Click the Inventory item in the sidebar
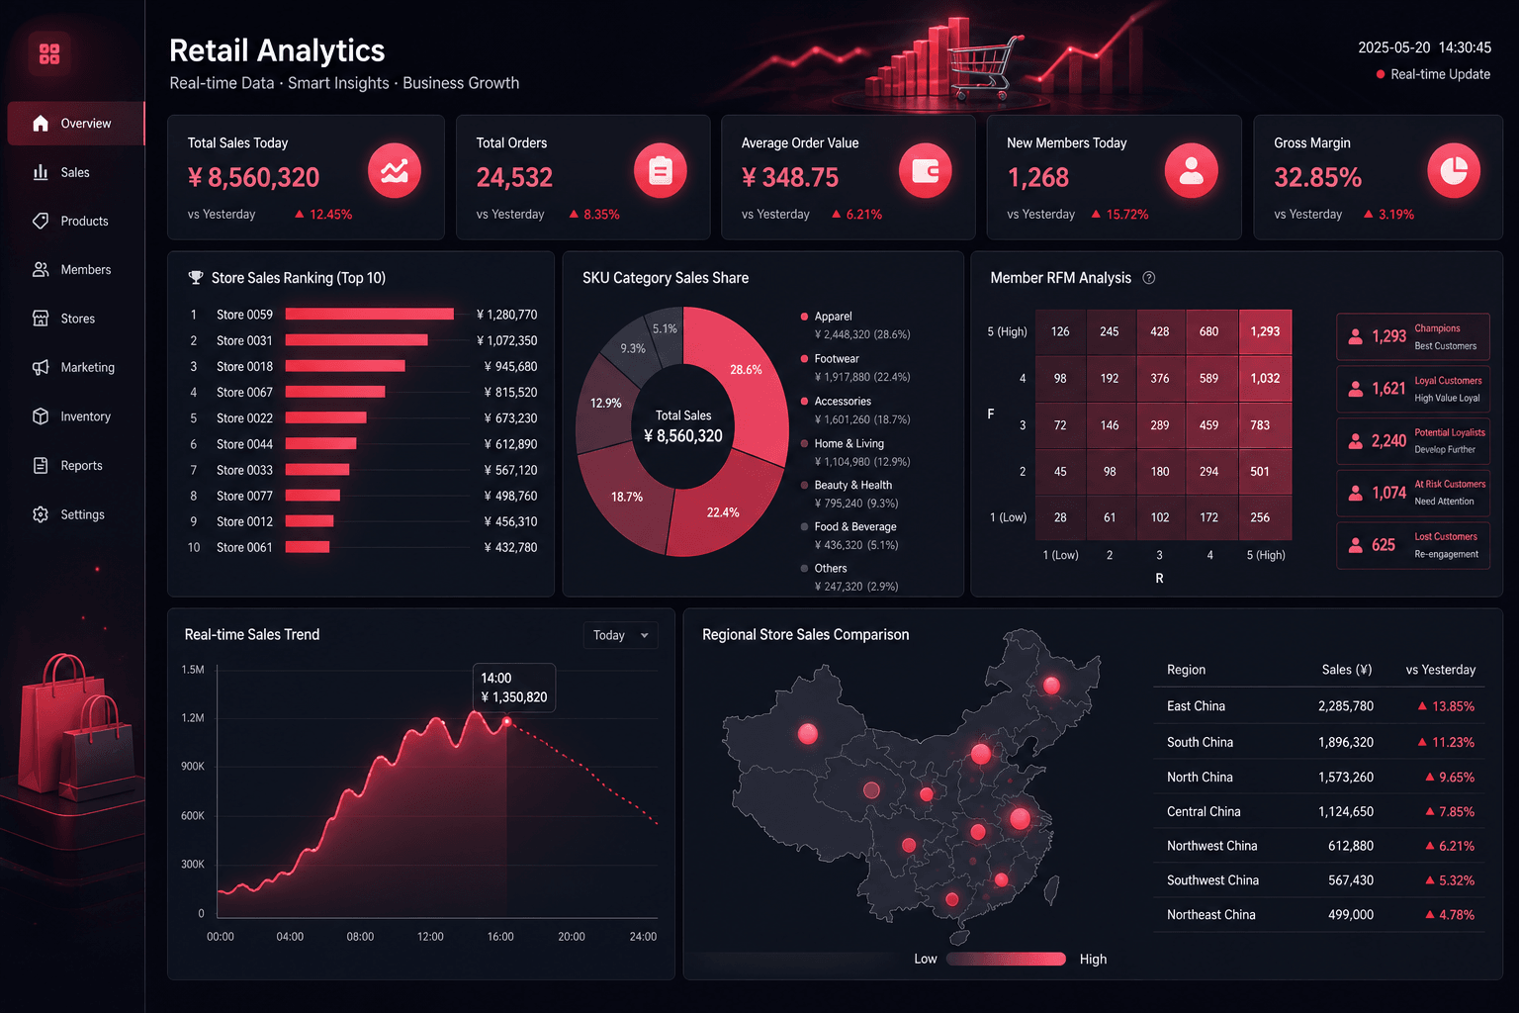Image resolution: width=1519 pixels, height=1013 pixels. point(71,415)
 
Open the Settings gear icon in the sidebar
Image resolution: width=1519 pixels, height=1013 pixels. point(41,514)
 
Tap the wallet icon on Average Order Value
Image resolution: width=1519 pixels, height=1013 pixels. point(925,171)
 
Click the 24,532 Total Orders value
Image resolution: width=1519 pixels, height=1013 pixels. point(514,177)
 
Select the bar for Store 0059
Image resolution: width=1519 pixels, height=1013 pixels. point(370,315)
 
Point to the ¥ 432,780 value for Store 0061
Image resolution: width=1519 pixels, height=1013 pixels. point(510,547)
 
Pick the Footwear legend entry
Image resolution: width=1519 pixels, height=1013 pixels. point(855,367)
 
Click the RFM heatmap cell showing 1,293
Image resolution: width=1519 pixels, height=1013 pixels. point(1265,331)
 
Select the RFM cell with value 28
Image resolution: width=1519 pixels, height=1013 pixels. point(1060,517)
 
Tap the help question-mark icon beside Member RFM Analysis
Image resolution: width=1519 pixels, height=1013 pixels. point(1149,278)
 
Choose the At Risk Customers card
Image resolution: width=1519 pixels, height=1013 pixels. point(1412,493)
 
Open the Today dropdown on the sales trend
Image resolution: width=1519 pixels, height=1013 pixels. point(620,635)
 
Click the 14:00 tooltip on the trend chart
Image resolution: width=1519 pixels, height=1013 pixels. point(514,688)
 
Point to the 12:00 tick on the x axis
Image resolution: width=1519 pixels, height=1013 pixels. point(430,936)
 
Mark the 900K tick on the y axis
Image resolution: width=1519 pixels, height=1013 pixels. point(193,766)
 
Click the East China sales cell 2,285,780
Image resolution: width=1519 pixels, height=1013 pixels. point(1345,705)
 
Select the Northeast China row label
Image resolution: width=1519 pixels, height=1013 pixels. point(1210,915)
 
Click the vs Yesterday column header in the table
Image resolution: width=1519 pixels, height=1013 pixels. point(1440,670)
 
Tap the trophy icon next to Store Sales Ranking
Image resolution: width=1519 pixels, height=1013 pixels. point(195,278)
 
